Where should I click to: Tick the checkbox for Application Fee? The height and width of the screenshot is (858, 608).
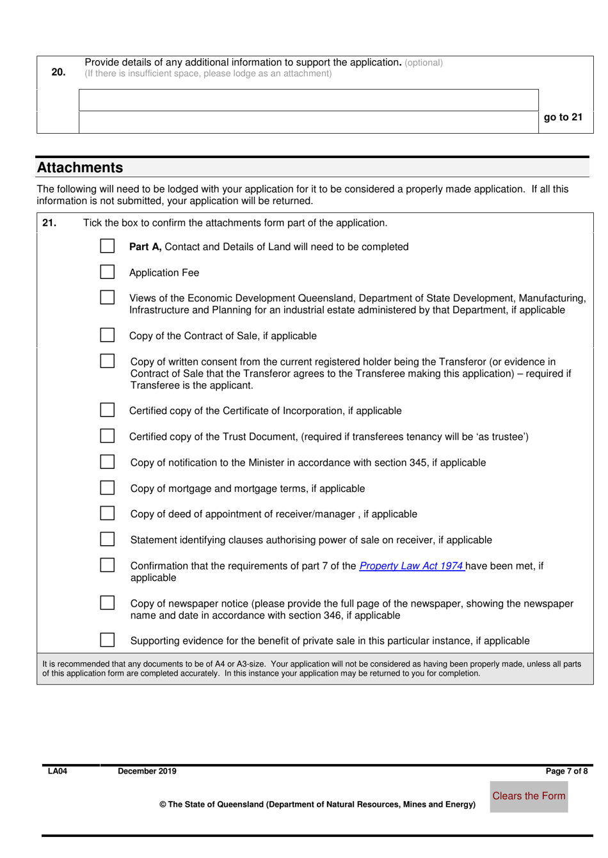coord(108,272)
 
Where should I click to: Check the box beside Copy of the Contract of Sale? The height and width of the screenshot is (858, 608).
coord(108,335)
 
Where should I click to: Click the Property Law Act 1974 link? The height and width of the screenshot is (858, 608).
coord(412,566)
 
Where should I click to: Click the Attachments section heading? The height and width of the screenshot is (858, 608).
coord(80,168)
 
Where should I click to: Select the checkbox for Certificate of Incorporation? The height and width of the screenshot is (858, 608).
coord(108,410)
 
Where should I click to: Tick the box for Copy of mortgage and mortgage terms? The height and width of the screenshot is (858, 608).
coord(108,488)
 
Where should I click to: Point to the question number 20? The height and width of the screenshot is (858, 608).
coord(58,72)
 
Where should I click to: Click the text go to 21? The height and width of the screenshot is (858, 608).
coord(563,117)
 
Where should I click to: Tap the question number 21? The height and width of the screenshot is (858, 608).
coord(49,223)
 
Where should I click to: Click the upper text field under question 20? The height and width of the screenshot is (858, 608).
coord(308,100)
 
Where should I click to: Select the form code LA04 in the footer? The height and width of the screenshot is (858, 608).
coord(58,771)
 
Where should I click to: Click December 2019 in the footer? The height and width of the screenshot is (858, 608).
coord(147,771)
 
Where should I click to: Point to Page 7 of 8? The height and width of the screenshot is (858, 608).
coord(566,771)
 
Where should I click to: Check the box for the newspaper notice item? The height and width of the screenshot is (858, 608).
coord(108,603)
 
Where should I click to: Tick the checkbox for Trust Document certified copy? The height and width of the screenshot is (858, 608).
coord(108,436)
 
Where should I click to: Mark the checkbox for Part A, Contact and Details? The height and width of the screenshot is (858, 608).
coord(108,246)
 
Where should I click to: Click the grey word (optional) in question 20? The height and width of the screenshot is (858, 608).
coord(424,63)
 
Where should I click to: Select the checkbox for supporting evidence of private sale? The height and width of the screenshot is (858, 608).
coord(108,640)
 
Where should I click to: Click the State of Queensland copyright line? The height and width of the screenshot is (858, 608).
coord(317,804)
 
